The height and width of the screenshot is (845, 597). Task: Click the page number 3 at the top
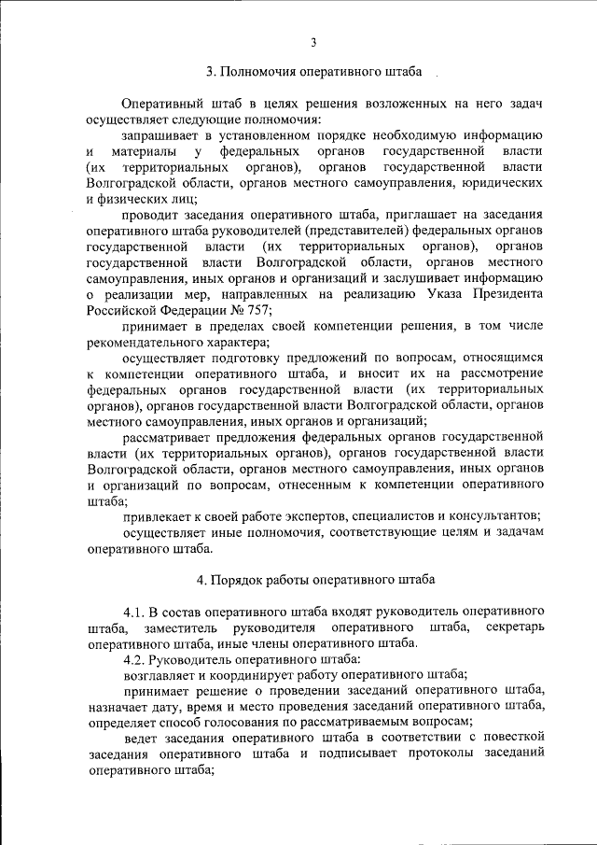pos(314,41)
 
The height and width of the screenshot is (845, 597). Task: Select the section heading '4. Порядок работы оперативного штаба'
pos(315,579)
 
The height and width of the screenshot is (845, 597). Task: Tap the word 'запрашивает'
pos(161,136)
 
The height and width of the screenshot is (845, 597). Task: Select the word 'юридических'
pos(506,183)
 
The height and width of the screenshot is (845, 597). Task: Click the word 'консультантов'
pos(493,514)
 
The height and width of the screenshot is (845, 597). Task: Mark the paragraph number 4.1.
pos(138,611)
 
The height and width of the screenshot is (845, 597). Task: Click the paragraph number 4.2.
pos(138,658)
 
